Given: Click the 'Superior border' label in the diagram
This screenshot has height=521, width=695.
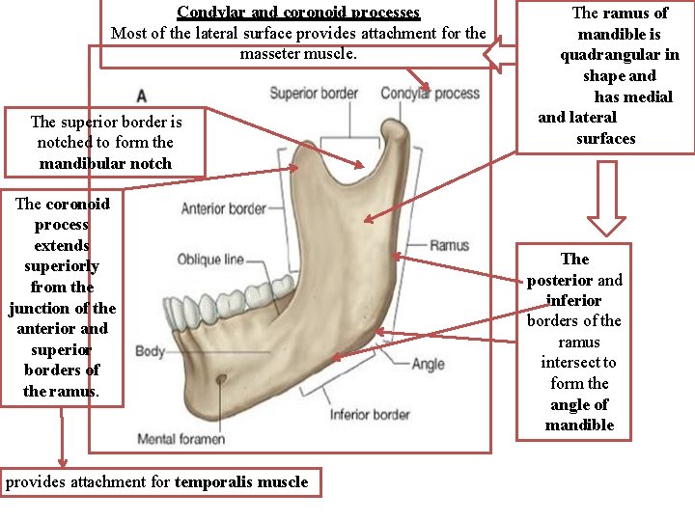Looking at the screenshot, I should [x=313, y=94].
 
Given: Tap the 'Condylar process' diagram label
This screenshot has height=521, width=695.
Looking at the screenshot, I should [x=430, y=94].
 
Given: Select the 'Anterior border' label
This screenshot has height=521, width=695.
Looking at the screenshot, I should [x=223, y=208].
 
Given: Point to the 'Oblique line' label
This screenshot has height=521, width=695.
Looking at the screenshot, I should [x=209, y=260].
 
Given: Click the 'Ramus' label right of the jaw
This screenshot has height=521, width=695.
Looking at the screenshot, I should [x=449, y=245].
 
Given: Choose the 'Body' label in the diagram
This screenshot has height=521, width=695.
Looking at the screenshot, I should [x=150, y=351].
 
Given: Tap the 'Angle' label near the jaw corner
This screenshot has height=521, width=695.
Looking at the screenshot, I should [x=428, y=364].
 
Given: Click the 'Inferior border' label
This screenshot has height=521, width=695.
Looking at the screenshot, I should [x=370, y=415].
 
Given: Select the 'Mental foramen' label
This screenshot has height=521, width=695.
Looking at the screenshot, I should [x=181, y=439].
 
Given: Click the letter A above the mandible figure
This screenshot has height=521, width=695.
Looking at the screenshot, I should [x=142, y=96].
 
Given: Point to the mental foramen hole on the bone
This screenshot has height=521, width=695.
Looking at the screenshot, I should [x=221, y=379].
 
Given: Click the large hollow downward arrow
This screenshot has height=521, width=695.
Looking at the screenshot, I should [x=606, y=198].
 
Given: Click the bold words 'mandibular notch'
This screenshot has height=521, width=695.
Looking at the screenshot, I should [x=105, y=163].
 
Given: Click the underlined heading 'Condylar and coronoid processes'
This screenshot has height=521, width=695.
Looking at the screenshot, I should [x=298, y=13].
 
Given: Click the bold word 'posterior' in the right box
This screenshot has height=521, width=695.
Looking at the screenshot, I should [x=560, y=280].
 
